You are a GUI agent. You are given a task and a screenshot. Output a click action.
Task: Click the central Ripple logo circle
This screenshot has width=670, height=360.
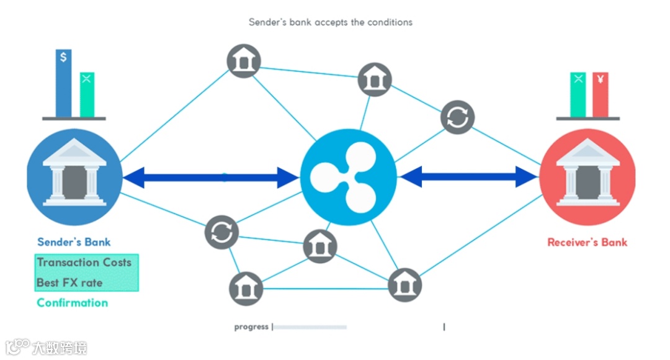click(x=348, y=178)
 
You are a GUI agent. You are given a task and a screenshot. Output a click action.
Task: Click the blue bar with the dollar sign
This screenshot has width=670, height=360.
click(x=63, y=84)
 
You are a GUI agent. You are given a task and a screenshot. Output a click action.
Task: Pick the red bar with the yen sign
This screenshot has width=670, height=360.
click(x=600, y=94)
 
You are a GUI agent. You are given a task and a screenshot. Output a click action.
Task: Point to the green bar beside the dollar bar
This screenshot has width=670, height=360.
click(x=87, y=94)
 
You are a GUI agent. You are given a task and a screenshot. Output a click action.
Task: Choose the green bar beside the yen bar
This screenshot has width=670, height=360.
click(x=578, y=94)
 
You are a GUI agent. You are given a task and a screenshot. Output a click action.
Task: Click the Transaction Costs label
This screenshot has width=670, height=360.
click(x=84, y=262)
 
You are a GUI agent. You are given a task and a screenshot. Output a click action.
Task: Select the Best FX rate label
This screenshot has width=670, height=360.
click(x=69, y=282)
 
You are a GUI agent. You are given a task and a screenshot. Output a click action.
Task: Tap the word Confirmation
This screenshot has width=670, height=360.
click(x=73, y=303)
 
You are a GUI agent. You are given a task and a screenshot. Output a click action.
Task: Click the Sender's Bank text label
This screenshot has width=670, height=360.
click(x=74, y=242)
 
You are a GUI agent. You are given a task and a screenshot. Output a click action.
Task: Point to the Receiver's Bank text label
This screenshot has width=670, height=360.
click(x=587, y=242)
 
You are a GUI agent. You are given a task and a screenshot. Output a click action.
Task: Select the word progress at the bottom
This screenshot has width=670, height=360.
click(x=251, y=326)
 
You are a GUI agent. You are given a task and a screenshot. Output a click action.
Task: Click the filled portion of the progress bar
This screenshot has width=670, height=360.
click(x=310, y=326)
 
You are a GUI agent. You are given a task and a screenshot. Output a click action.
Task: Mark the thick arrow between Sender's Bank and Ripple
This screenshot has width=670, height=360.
click(x=211, y=178)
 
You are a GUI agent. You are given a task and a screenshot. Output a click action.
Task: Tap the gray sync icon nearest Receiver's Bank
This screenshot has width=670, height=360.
click(x=458, y=117)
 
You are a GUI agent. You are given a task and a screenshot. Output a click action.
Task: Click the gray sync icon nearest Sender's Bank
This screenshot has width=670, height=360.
click(x=221, y=232)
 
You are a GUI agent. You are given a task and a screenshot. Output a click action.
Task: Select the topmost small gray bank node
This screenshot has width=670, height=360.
click(x=243, y=61)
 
